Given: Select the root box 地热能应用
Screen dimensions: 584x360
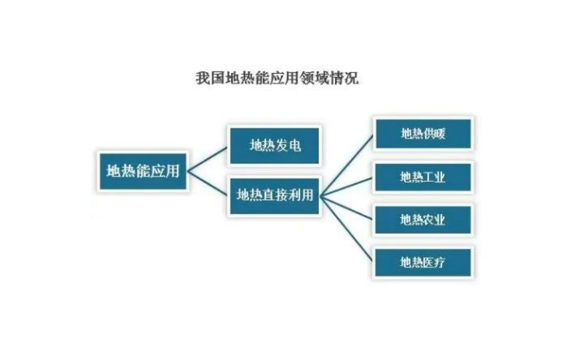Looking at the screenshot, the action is [143, 171].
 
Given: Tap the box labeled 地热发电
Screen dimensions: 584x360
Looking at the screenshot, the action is [274, 146].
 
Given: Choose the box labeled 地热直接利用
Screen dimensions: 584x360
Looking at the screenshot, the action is [274, 196].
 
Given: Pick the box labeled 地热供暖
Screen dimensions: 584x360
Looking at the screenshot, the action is [423, 135].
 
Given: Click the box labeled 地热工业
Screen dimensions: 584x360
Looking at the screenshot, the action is [423, 177].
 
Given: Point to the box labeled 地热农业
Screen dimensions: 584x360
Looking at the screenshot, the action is [423, 219].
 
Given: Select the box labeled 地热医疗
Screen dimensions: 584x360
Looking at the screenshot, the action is [423, 261].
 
